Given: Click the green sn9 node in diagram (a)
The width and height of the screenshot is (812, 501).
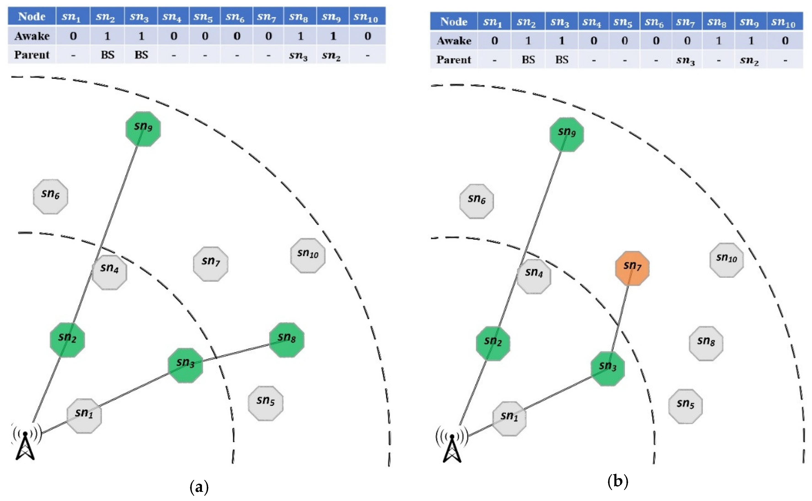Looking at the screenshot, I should (x=143, y=129).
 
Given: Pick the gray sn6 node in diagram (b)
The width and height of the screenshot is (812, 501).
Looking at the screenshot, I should (x=476, y=201).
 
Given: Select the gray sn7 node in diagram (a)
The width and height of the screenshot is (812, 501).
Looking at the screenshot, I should (x=211, y=264).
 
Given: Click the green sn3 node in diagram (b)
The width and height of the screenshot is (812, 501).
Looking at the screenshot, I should (x=607, y=369).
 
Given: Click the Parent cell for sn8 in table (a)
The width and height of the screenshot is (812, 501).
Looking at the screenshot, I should (x=298, y=55).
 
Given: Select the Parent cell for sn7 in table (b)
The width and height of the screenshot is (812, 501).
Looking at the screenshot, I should (x=686, y=60).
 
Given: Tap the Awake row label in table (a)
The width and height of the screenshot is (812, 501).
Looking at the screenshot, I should (x=32, y=36).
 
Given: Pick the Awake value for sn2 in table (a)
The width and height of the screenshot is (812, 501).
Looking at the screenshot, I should (x=107, y=36).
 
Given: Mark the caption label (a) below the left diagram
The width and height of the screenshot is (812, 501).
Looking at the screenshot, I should (x=199, y=487).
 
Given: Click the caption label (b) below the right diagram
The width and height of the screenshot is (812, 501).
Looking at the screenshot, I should (x=618, y=481).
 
